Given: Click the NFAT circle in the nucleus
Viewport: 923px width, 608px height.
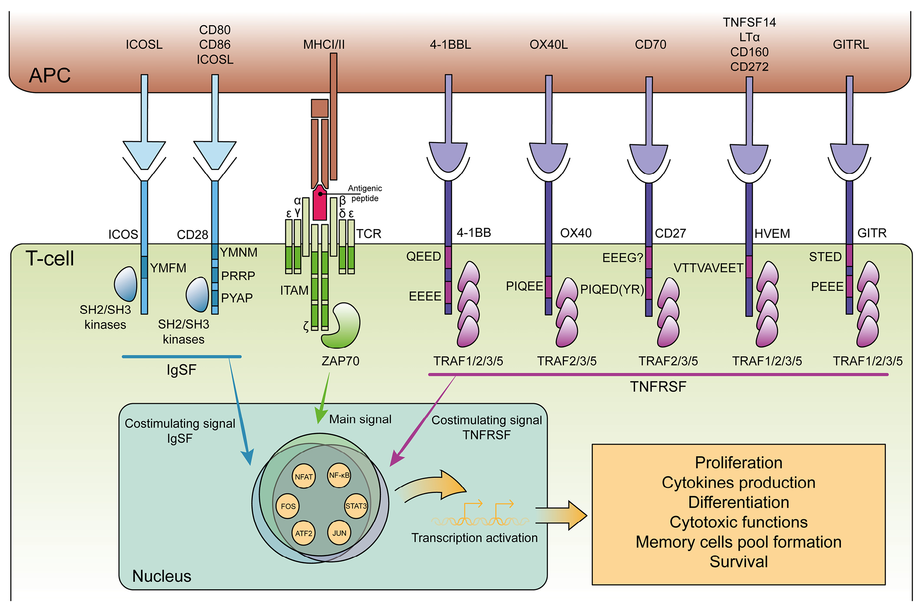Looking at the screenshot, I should [303, 476].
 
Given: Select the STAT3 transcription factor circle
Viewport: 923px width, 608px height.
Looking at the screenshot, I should [356, 506].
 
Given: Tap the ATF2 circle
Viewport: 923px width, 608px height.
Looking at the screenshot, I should [303, 533].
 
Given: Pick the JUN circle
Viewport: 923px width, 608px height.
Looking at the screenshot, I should [339, 533].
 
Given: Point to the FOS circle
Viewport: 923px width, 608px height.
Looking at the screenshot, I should [288, 506].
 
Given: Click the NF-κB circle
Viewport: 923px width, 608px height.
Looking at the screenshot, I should [339, 475].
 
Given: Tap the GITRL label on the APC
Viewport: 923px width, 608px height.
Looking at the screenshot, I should [850, 45].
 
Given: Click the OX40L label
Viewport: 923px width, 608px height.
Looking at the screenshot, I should [548, 45].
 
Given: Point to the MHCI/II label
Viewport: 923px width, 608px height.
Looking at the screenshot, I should [324, 45].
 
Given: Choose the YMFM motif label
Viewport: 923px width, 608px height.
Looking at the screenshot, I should [168, 268].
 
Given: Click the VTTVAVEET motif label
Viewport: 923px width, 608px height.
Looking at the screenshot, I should [708, 268].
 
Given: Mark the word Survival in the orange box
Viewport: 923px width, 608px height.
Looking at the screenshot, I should [738, 562].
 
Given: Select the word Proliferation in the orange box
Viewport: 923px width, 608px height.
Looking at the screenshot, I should [738, 463].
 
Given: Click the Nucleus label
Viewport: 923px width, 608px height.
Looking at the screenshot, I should [162, 576].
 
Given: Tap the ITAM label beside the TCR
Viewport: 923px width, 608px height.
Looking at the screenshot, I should [294, 290].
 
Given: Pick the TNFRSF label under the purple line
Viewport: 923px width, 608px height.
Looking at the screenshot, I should [658, 387].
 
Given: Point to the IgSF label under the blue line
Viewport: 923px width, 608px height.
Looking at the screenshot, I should [181, 370].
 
